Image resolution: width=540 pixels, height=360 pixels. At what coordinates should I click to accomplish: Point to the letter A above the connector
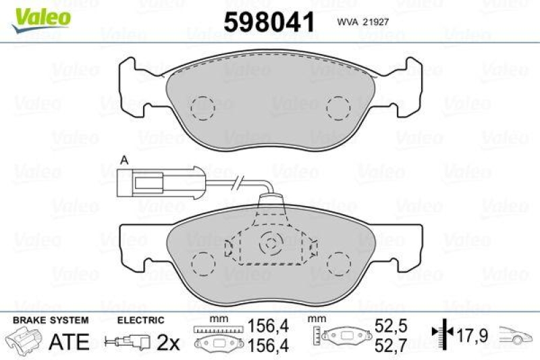(124, 160)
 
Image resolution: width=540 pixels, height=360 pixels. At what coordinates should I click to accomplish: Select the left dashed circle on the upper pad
(201, 107)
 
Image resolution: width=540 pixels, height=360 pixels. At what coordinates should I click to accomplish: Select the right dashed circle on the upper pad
(337, 107)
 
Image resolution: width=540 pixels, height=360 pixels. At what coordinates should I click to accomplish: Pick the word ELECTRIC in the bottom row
(140, 320)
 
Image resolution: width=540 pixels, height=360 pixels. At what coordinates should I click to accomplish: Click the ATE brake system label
(70, 341)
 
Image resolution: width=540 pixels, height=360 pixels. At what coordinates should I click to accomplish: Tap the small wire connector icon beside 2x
(122, 342)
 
